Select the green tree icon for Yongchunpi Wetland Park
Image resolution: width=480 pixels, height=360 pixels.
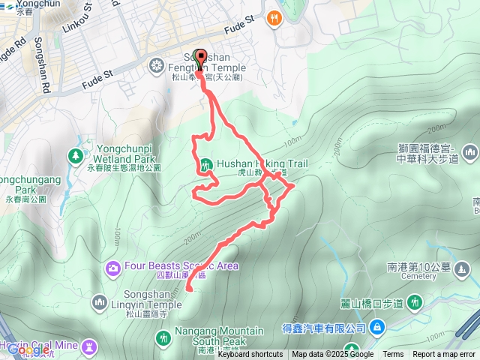point(75,156)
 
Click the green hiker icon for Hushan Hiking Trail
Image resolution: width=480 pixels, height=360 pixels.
point(205,164)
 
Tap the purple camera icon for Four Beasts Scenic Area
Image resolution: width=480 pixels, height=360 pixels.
point(113,267)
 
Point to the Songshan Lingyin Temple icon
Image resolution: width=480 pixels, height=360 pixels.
point(100,301)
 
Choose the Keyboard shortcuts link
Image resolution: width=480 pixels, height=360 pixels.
point(250,355)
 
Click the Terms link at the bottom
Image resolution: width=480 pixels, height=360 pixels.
point(393,355)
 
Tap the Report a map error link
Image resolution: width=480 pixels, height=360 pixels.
point(444,355)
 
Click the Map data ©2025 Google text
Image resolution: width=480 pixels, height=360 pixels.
point(332,355)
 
